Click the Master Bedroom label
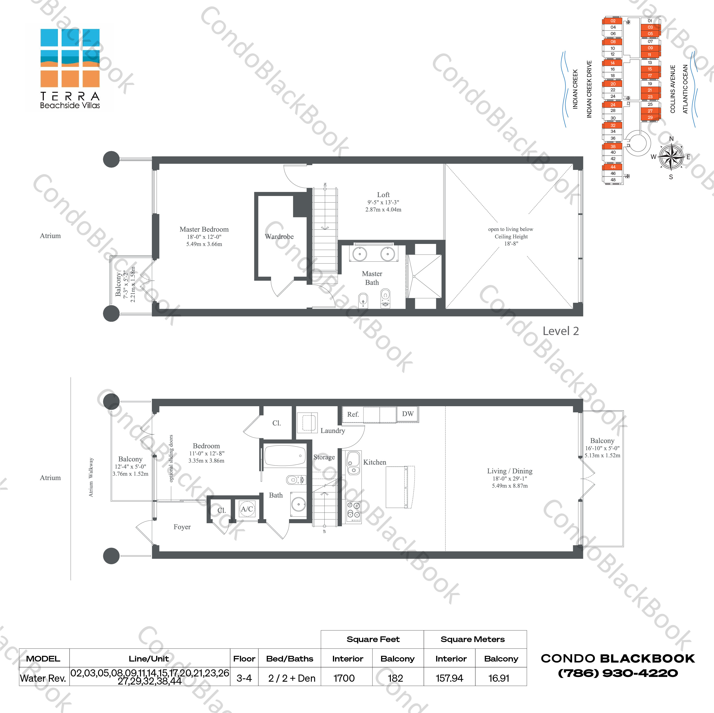[x=204, y=229]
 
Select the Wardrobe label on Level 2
[x=279, y=237]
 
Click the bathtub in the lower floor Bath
[x=285, y=456]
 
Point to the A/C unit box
[x=247, y=509]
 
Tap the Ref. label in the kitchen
[x=353, y=414]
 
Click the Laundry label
[x=333, y=431]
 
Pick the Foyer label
[x=182, y=527]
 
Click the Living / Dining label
[x=510, y=471]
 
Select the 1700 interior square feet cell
[x=344, y=678]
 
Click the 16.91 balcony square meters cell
[x=499, y=678]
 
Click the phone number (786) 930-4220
[x=618, y=673]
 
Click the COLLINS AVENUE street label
[x=673, y=89]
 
